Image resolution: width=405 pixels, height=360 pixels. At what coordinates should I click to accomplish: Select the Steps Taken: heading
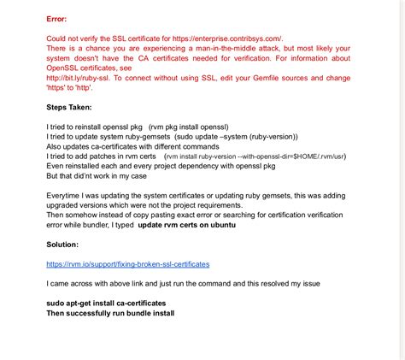pos(75,108)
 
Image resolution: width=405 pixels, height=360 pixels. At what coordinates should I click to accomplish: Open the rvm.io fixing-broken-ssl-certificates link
pos(127,264)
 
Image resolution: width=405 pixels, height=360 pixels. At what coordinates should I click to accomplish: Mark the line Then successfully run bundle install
pos(110,313)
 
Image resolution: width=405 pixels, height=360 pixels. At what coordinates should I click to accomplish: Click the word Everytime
pos(67,195)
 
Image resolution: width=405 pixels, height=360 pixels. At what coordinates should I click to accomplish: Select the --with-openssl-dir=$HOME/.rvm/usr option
pos(273,156)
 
